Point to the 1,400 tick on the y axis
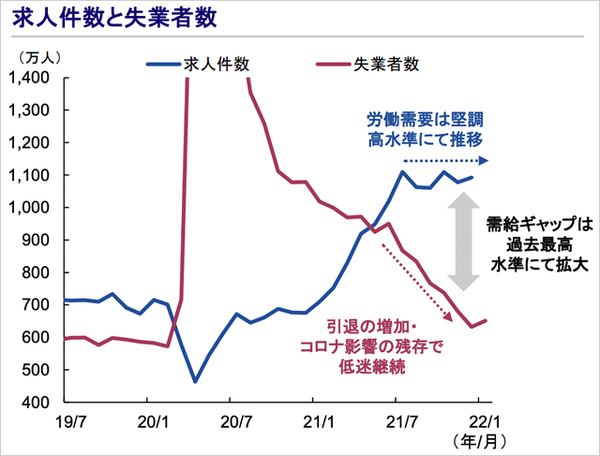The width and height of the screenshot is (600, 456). pyautogui.click(x=34, y=78)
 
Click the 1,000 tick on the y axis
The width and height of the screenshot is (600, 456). pyautogui.click(x=34, y=208)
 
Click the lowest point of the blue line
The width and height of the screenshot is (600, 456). pyautogui.click(x=195, y=381)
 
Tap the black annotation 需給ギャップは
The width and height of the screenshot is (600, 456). pyautogui.click(x=540, y=225)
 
